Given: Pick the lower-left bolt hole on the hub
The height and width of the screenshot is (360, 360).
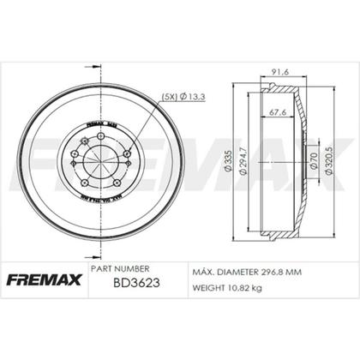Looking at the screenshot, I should (85, 183).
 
